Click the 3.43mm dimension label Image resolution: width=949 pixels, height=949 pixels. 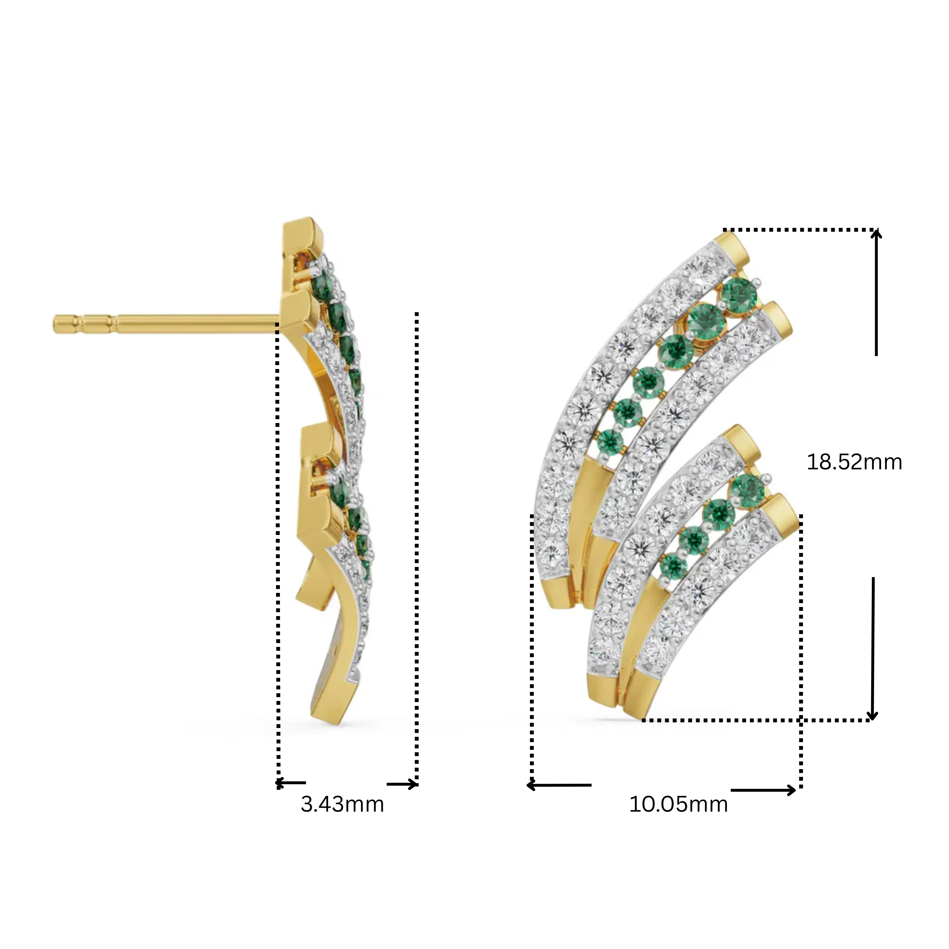342,805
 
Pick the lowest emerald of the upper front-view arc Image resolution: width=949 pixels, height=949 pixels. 610,442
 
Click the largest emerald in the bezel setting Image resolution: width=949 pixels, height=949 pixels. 706,320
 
